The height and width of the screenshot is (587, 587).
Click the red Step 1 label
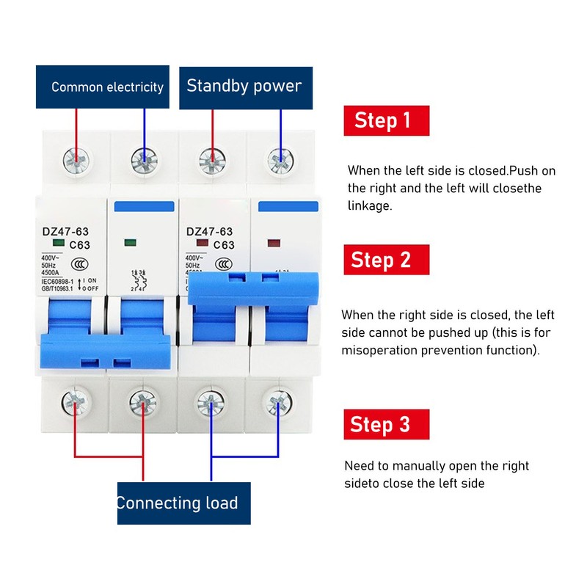point(387,120)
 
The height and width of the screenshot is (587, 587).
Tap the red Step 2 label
point(387,260)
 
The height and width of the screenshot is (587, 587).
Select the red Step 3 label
point(387,424)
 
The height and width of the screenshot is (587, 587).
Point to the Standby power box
point(245,87)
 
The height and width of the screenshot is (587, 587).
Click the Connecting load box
point(183,503)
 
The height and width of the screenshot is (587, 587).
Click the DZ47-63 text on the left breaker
point(65,232)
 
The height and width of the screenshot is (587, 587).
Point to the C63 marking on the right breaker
point(223,245)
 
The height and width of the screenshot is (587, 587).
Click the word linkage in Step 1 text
point(370,206)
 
